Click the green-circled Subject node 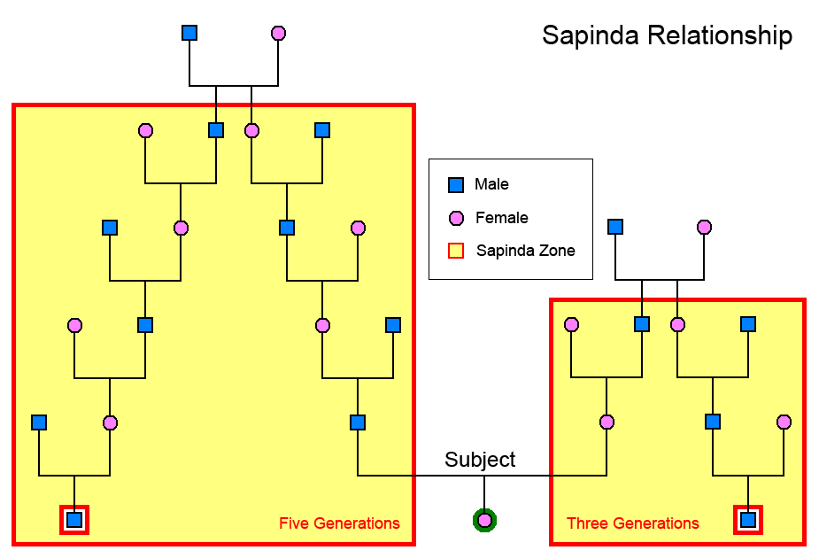tap(484, 520)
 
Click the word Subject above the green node tap(480, 460)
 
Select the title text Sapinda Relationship tap(667, 36)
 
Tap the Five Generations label tap(339, 523)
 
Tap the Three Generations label tap(632, 523)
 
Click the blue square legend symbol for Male tap(456, 185)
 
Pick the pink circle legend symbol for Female tap(456, 218)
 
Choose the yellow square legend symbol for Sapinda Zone tap(456, 251)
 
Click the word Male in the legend tap(491, 185)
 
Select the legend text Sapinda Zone tap(525, 251)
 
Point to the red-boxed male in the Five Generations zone tap(74, 520)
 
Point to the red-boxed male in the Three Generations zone tap(748, 520)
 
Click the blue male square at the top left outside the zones tap(189, 33)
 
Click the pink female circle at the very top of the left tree tap(278, 33)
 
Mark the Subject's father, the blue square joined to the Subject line tap(358, 422)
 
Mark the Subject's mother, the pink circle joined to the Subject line tap(607, 422)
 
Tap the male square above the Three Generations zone tap(615, 227)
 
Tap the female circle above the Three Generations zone tap(704, 227)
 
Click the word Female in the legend tap(501, 218)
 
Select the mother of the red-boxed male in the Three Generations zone tap(784, 422)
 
